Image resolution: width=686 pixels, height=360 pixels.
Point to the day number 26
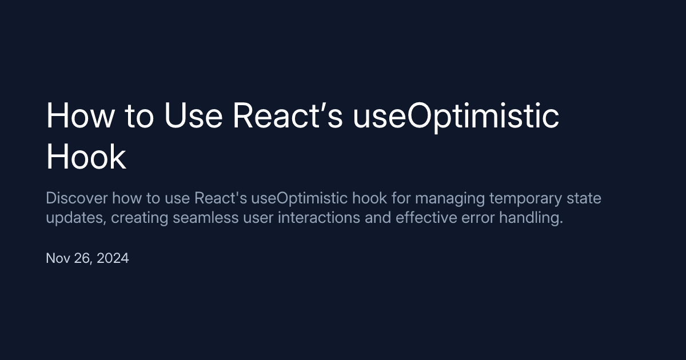click(83, 258)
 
